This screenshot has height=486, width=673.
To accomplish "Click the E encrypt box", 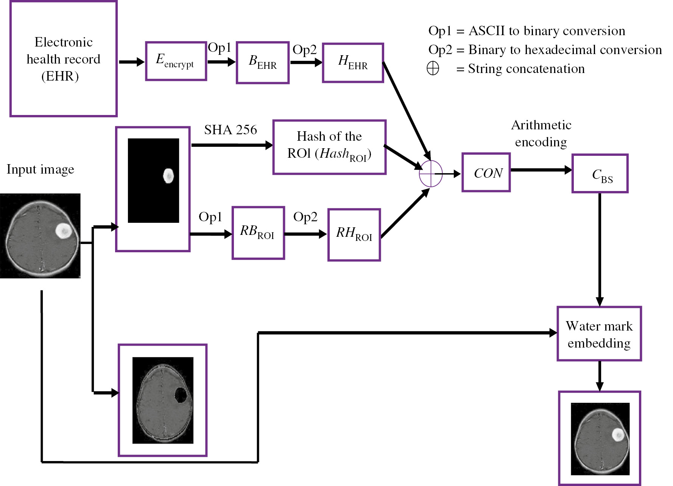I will [x=176, y=61].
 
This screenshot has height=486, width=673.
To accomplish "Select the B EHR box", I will [x=263, y=63].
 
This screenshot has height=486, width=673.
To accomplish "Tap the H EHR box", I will [x=353, y=63].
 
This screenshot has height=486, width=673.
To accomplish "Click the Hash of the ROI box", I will [x=329, y=147].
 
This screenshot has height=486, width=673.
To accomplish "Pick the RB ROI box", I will [x=258, y=233].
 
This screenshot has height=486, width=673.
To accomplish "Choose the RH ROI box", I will [x=354, y=234].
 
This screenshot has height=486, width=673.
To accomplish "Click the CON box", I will [x=486, y=172].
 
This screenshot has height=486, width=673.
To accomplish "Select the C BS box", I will [x=600, y=174].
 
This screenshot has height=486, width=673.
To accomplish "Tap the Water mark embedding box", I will [x=599, y=334].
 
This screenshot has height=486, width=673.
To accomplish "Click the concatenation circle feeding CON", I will [x=431, y=174].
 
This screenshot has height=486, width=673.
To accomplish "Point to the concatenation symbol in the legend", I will [x=433, y=68].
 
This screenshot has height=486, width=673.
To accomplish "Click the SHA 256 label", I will [x=231, y=130].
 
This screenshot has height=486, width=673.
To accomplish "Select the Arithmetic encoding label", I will [x=541, y=133].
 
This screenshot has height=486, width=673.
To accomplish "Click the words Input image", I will [x=41, y=169].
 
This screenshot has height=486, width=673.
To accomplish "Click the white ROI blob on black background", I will [x=168, y=176].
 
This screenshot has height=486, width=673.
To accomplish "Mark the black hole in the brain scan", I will [x=181, y=395].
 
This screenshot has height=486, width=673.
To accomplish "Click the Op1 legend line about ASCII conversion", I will [x=527, y=31].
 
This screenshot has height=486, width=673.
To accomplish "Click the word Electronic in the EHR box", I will [x=64, y=42].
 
